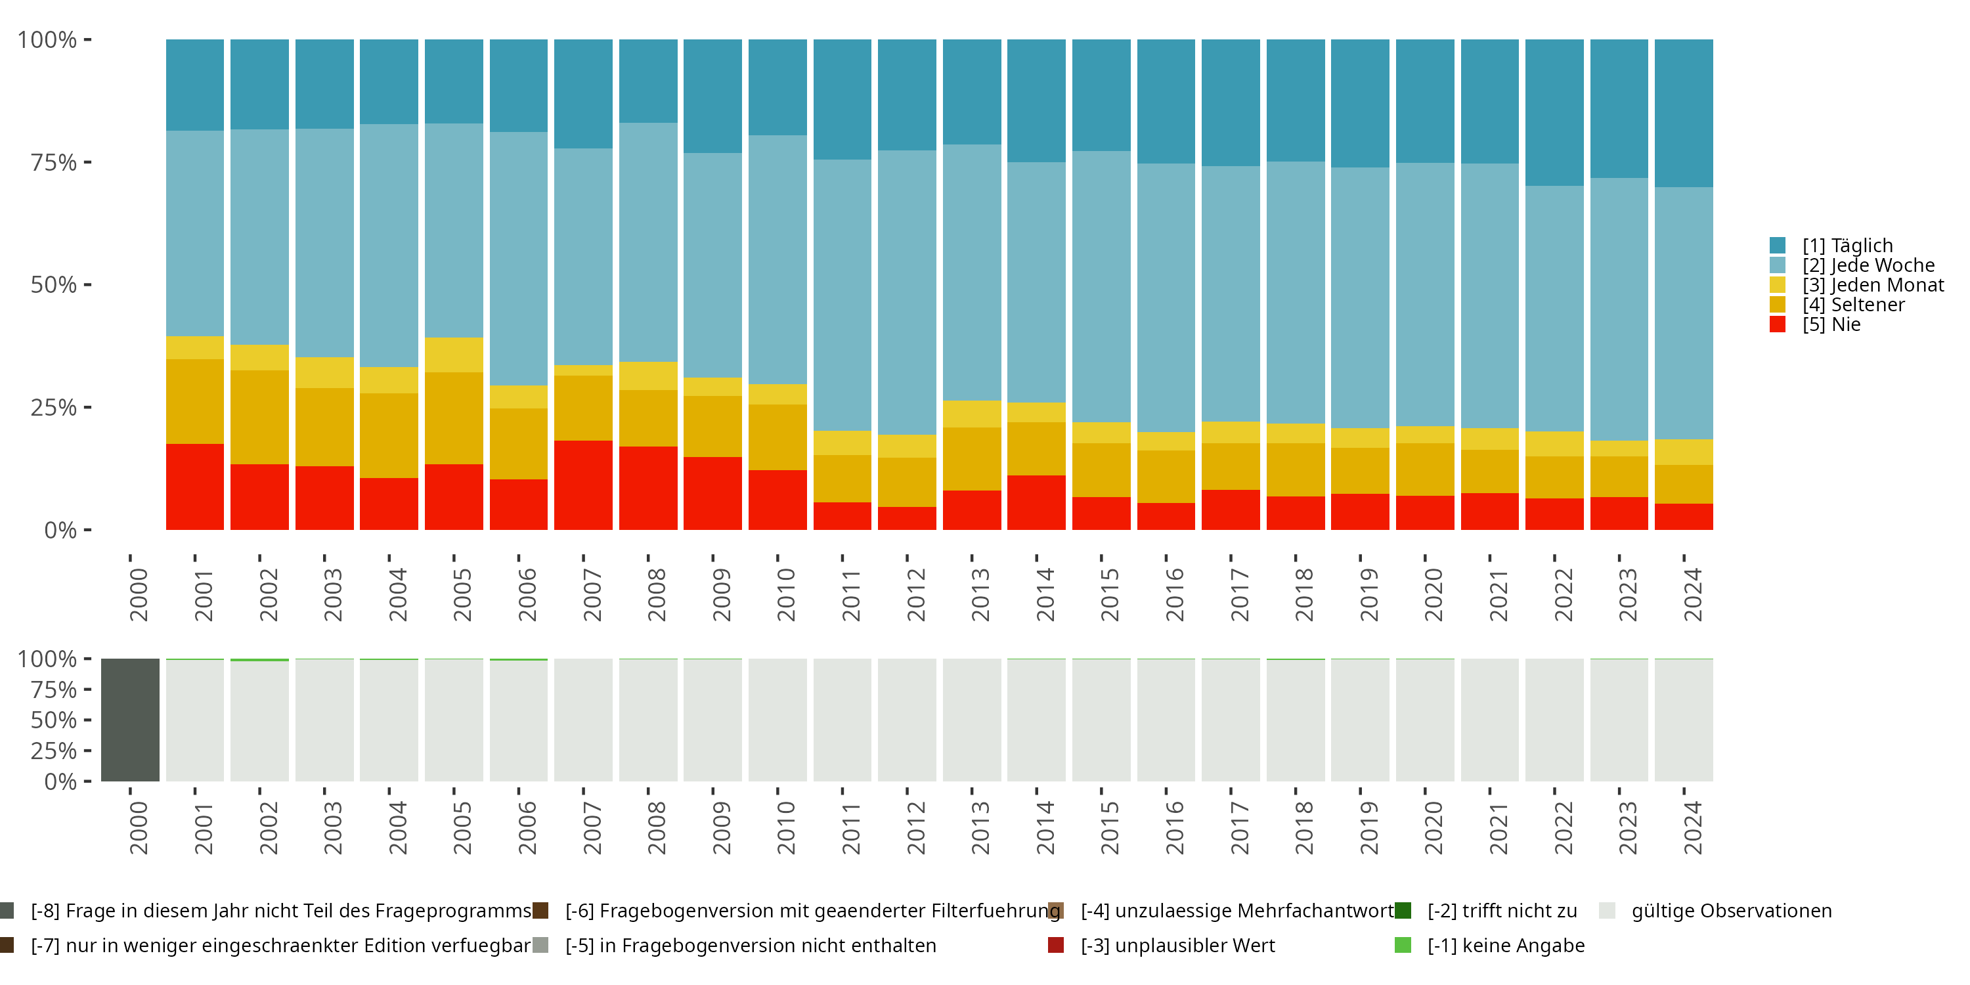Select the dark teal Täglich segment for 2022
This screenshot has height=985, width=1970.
tap(1554, 112)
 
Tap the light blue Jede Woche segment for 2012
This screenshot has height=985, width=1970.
tap(906, 292)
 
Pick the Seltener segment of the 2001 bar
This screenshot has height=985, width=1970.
tap(195, 401)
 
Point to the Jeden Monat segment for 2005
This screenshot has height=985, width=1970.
tap(454, 355)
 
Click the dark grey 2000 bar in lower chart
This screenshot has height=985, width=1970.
tap(130, 720)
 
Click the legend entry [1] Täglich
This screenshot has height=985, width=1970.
tap(1847, 246)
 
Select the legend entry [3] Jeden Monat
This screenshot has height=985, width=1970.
tap(1872, 285)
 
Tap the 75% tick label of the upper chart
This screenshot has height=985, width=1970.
tap(54, 162)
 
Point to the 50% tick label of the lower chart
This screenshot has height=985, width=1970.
tap(54, 720)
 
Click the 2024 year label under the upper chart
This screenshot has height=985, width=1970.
tap(1692, 594)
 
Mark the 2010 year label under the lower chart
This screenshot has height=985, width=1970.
tap(786, 827)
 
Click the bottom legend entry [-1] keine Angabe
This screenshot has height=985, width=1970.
tap(1505, 945)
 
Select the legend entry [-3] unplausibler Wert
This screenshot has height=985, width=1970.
tap(1177, 945)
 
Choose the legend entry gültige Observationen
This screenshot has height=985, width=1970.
tap(1730, 911)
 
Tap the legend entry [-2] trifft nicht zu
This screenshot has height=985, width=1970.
tap(1501, 911)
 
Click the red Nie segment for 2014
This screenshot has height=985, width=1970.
tap(1036, 502)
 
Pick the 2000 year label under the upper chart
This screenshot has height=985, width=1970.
tap(139, 594)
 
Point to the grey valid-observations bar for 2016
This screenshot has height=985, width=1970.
tap(1166, 720)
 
